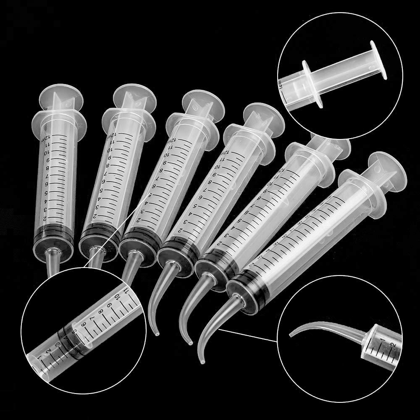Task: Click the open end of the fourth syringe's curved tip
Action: pyautogui.click(x=157, y=334)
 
